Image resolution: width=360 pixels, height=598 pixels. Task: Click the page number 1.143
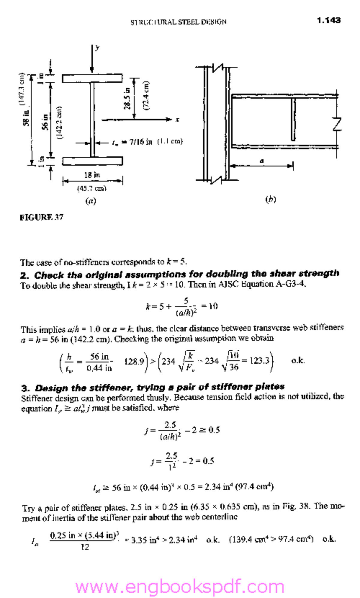329,20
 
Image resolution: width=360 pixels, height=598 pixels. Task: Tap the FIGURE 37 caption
41,217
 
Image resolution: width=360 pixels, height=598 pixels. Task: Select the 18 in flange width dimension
92,175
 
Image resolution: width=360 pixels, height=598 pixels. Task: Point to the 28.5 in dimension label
127,98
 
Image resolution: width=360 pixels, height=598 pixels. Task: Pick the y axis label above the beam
97,47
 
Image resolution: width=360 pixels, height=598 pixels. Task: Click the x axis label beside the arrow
177,120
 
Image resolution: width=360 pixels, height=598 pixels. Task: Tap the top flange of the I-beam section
92,78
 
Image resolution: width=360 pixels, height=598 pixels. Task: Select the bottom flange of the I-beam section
92,161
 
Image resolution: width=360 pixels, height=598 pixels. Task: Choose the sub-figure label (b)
270,199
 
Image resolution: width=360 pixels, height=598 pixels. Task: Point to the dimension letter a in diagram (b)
262,161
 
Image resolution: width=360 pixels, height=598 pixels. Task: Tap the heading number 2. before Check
25,276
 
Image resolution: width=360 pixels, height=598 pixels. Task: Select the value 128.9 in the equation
134,361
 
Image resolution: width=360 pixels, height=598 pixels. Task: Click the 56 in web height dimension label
45,122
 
